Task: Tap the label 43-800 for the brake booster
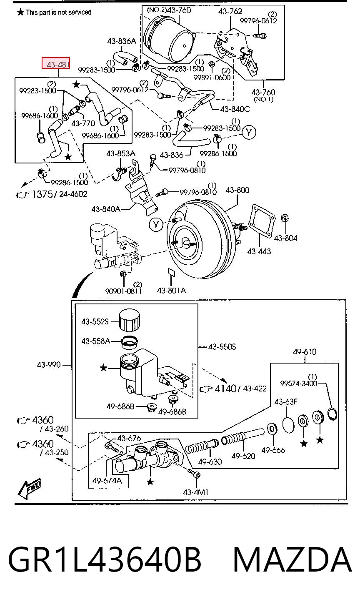(237, 190)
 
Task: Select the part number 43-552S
(95, 322)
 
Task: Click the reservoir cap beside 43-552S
(130, 320)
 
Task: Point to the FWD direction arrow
(29, 489)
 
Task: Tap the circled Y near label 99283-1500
(249, 133)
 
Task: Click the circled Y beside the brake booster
(156, 224)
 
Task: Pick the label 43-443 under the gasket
(259, 251)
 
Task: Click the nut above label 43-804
(285, 218)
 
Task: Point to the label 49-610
(305, 352)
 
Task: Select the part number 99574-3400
(298, 384)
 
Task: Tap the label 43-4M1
(195, 492)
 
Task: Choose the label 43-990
(49, 365)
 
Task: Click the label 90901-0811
(123, 291)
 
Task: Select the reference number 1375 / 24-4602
(59, 194)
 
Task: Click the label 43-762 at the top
(230, 11)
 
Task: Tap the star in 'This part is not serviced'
(20, 12)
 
